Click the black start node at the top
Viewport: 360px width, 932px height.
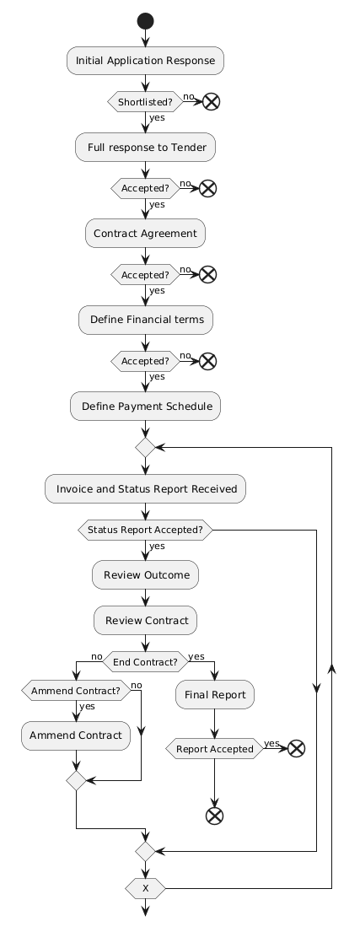[145, 21]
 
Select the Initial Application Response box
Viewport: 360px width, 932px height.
[145, 61]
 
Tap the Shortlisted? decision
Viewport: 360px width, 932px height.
[145, 102]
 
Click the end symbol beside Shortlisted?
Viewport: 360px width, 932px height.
[211, 102]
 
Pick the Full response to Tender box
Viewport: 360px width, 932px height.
[145, 148]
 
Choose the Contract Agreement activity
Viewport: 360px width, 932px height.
[145, 233]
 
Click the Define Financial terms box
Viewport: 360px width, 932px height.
[145, 320]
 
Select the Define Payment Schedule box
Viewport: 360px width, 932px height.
[145, 407]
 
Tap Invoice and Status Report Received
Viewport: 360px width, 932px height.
[145, 489]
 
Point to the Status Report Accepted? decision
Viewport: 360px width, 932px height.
[145, 530]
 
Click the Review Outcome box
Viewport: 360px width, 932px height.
[145, 575]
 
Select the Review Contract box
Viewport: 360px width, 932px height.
[145, 621]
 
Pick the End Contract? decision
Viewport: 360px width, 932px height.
[145, 662]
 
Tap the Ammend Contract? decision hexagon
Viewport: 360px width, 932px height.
[75, 691]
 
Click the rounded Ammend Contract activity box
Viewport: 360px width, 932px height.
[75, 735]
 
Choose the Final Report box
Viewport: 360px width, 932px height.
[214, 695]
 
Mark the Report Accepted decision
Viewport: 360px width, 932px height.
[214, 749]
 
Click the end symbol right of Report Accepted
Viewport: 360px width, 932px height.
[296, 749]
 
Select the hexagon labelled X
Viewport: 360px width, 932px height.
[145, 889]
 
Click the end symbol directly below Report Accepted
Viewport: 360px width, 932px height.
[214, 816]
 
